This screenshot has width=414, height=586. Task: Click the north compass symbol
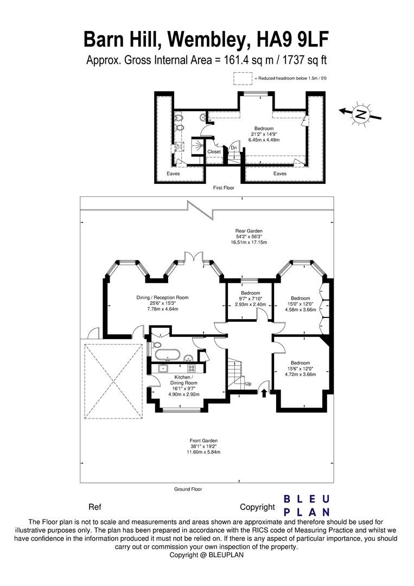pyautogui.click(x=360, y=113)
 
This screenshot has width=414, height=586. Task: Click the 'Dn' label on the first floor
pyautogui.click(x=234, y=148)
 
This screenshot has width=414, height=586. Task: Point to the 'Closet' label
pyautogui.click(x=214, y=152)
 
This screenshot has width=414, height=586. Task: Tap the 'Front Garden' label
pyautogui.click(x=205, y=441)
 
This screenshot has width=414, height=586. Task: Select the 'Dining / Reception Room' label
pyautogui.click(x=163, y=297)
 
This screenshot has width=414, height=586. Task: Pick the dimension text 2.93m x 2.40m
pyautogui.click(x=250, y=304)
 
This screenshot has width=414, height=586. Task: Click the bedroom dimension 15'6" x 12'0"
pyautogui.click(x=300, y=368)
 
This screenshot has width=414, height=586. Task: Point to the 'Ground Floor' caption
pyautogui.click(x=188, y=489)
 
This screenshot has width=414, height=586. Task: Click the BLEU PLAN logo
pyautogui.click(x=308, y=505)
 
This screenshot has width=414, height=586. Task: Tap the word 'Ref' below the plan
pyautogui.click(x=94, y=507)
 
